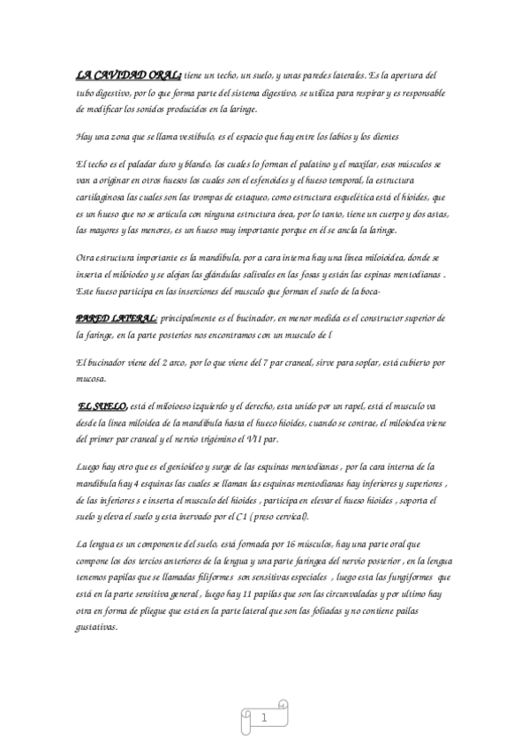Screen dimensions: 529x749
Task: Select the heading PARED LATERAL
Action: (x=117, y=316)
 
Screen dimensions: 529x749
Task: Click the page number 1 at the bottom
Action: (x=263, y=720)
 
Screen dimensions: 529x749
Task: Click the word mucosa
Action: (x=92, y=379)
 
